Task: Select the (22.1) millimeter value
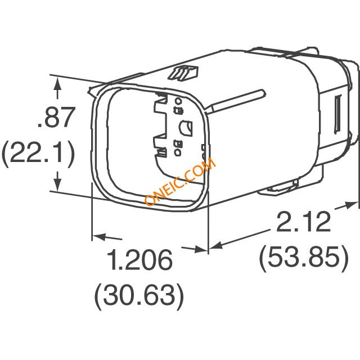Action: (38, 152)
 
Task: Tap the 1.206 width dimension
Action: (139, 259)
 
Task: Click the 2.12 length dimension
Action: (304, 222)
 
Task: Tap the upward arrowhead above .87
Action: (57, 84)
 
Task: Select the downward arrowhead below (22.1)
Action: (58, 183)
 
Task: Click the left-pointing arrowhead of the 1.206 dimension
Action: (99, 236)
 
